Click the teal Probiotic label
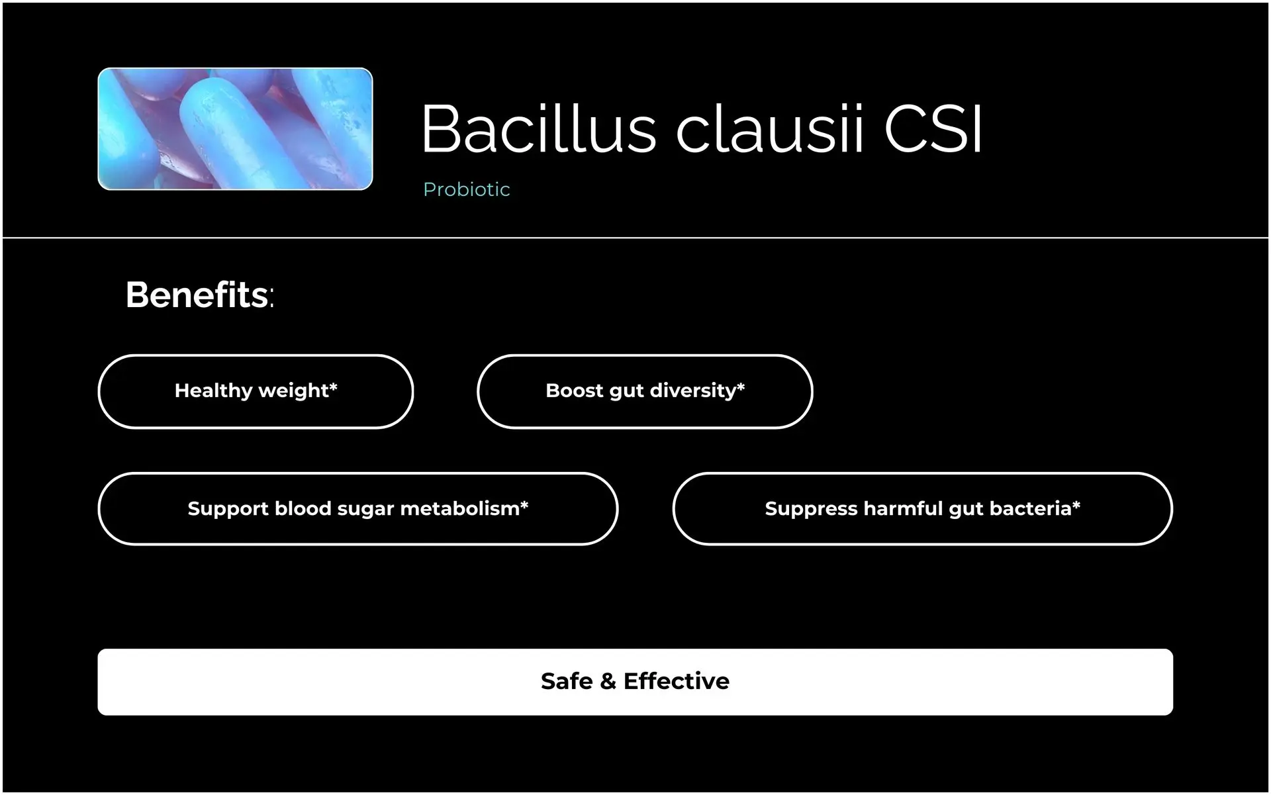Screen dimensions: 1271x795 [x=467, y=189]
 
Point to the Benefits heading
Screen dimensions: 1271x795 [x=199, y=295]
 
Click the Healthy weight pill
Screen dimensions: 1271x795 [x=256, y=391]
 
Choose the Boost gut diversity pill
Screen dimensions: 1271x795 [x=645, y=391]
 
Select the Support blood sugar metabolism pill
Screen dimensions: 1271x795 [x=357, y=509]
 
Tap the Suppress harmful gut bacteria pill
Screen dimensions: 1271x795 [x=922, y=509]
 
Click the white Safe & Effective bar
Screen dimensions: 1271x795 [x=635, y=682]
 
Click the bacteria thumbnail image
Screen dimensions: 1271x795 [x=235, y=129]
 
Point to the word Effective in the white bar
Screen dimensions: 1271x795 [x=677, y=681]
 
